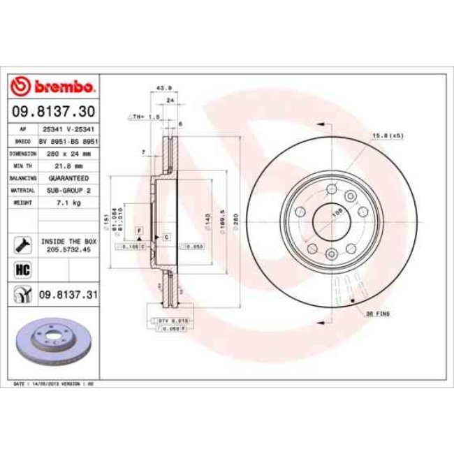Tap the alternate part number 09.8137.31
tap(68, 295)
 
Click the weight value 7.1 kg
tap(68, 202)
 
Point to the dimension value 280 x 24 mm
tap(68, 153)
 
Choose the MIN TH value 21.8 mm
tap(68, 166)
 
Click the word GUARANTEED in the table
tap(68, 177)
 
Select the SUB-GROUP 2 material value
tap(68, 189)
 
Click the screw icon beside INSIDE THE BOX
tap(21, 244)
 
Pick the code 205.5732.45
tap(68, 248)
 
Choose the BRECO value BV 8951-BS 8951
tap(68, 140)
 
